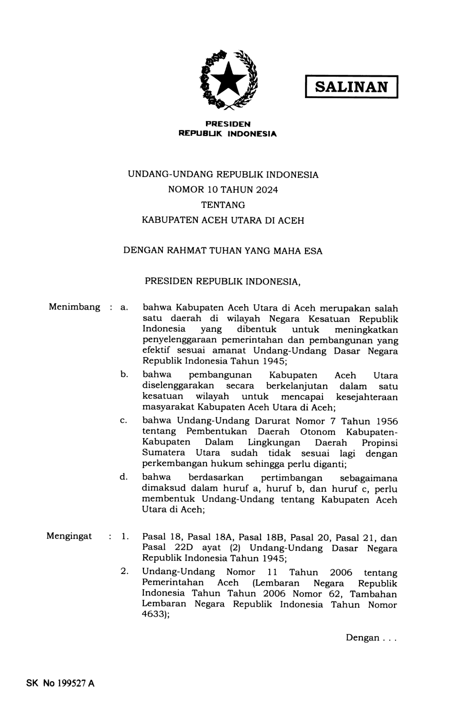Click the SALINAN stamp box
(351, 87)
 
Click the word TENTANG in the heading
(223, 205)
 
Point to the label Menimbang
(74, 307)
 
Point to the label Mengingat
(69, 536)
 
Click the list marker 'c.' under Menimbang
(123, 421)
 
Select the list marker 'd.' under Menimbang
(123, 477)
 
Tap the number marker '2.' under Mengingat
(125, 572)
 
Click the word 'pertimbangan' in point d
(291, 478)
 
